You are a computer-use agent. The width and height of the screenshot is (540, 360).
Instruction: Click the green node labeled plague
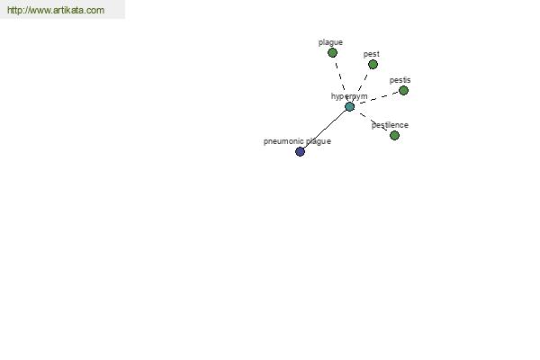[x=332, y=53]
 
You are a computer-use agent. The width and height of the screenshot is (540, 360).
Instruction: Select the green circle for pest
[x=373, y=65]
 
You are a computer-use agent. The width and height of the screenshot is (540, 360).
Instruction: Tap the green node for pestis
[x=403, y=91]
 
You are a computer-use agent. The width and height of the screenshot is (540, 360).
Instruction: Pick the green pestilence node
[x=395, y=135]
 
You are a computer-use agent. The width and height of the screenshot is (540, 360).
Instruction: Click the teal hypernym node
[x=349, y=107]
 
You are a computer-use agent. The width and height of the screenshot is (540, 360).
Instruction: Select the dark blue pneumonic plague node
[x=301, y=151]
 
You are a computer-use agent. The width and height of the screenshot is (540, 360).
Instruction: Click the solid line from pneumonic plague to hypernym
[x=325, y=130]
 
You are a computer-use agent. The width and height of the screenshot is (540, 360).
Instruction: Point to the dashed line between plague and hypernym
[x=341, y=79]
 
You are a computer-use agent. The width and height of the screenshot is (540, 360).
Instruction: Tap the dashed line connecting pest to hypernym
[x=361, y=85]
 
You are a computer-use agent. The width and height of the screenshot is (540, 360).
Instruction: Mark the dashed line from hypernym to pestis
[x=376, y=98]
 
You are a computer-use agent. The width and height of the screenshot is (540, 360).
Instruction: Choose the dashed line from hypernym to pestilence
[x=372, y=121]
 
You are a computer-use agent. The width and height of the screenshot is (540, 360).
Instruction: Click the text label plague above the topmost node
[x=330, y=42]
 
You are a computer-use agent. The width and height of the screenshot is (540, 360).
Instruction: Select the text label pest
[x=371, y=54]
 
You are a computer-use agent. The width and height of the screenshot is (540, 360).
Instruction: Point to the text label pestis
[x=400, y=80]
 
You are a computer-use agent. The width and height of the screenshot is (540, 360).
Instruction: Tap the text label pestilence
[x=390, y=125]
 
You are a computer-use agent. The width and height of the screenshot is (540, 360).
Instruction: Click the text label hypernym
[x=349, y=96]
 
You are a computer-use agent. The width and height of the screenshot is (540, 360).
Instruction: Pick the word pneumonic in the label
[x=284, y=141]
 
